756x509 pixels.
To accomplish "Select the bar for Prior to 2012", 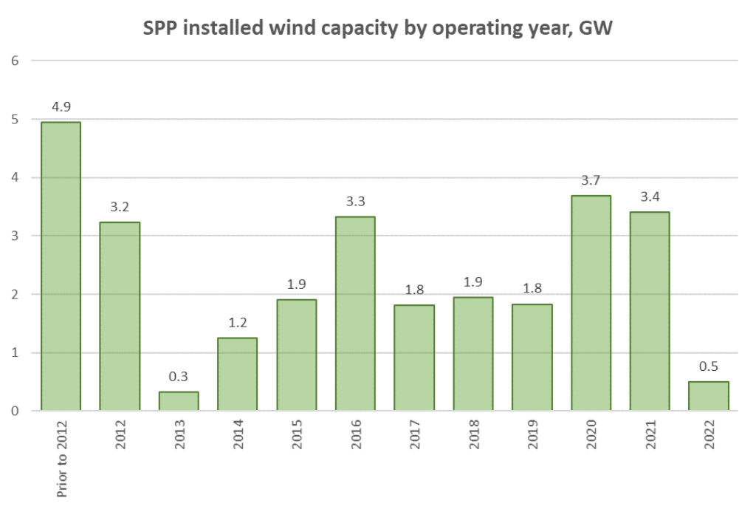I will click(x=61, y=266).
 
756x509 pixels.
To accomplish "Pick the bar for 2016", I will click(x=355, y=313).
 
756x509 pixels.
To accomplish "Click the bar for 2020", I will click(x=591, y=303).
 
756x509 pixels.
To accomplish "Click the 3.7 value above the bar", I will click(x=591, y=179).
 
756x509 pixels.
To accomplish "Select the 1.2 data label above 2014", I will click(x=237, y=321).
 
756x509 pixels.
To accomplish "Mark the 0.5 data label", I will click(x=708, y=365).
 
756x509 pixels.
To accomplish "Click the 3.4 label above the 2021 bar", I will click(x=650, y=196).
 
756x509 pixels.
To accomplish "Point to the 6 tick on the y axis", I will click(x=15, y=61).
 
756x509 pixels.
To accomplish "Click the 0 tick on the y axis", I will click(x=15, y=411).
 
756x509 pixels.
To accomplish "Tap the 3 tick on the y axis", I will click(x=15, y=236).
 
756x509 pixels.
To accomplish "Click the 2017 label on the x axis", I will click(x=415, y=435).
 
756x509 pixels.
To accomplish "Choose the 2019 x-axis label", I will click(x=532, y=435).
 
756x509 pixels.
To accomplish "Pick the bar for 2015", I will click(x=296, y=355).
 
